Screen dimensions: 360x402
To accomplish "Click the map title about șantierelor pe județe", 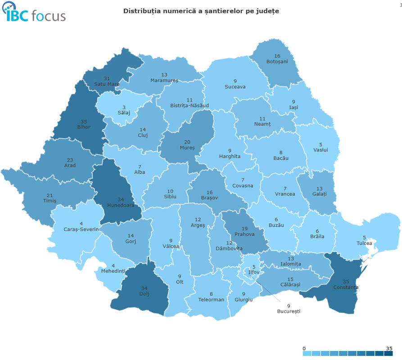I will (x=201, y=11).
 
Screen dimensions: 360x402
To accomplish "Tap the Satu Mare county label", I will (x=107, y=84).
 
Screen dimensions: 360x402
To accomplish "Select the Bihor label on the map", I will (x=83, y=127).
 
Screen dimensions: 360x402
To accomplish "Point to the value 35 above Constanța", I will (x=346, y=281).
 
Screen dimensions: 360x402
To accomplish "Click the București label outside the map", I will (x=288, y=311).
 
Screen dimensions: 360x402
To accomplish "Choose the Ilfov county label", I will (x=254, y=272).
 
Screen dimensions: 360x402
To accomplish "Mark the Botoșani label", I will (x=277, y=61).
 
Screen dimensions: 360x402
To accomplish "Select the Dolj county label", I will (x=144, y=294).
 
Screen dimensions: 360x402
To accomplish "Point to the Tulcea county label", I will (x=364, y=243).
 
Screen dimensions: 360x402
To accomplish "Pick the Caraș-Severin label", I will (x=81, y=229).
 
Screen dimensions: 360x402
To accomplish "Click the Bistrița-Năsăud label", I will (x=190, y=106).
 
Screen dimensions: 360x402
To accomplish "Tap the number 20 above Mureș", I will (x=187, y=142).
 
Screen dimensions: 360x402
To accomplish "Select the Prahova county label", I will (x=244, y=234).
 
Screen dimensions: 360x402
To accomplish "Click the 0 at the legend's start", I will (x=304, y=348).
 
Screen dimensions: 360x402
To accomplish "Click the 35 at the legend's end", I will (x=389, y=348).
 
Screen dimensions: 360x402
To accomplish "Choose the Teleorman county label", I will (x=211, y=300).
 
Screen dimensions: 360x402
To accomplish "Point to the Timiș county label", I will (x=49, y=201).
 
